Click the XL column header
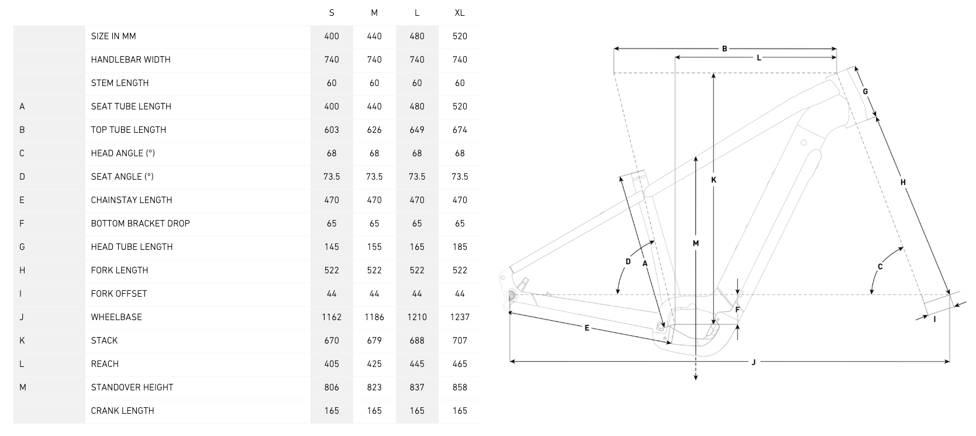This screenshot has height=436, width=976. [x=459, y=13]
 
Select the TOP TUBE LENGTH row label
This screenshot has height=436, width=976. [x=129, y=130]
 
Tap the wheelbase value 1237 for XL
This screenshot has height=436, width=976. [x=460, y=317]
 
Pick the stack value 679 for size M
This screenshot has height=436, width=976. [x=374, y=341]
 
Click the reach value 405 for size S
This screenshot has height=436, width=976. [x=332, y=364]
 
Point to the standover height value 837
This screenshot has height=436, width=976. [x=417, y=387]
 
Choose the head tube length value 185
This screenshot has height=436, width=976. [x=460, y=247]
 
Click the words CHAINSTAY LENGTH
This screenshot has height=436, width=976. [x=132, y=200]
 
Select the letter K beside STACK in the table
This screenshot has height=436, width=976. [x=22, y=341]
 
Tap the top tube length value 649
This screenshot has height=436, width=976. [x=417, y=130]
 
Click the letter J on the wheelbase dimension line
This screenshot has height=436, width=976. [x=753, y=362]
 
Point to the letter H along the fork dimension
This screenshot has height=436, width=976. [x=903, y=182]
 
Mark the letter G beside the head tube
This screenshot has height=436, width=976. [x=865, y=91]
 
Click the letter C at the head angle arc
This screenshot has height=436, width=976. [x=880, y=267]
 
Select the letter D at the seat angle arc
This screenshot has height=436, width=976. [x=628, y=262]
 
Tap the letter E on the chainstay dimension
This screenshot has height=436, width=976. [x=587, y=328]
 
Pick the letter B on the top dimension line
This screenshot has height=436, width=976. [x=725, y=49]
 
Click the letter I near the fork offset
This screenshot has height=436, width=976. [x=934, y=319]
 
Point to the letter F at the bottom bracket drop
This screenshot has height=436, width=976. [x=737, y=310]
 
